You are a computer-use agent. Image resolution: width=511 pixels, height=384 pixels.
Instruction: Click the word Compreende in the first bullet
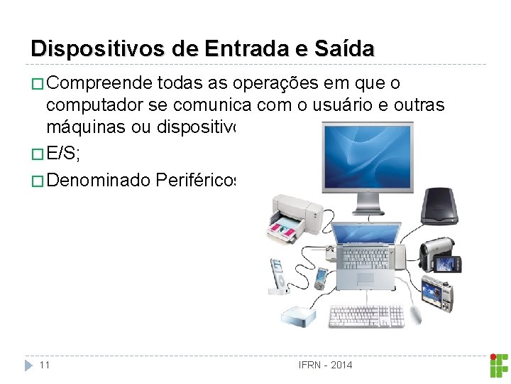(100, 84)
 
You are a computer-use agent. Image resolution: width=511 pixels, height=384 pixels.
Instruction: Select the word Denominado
(100, 181)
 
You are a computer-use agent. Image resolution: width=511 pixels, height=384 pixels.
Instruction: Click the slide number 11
(45, 365)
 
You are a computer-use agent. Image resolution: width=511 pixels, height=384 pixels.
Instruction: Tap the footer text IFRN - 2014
(325, 365)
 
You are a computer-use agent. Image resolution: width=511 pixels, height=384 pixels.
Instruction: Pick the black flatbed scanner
(440, 206)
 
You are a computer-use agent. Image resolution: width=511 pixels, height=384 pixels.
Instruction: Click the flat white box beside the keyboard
(303, 314)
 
